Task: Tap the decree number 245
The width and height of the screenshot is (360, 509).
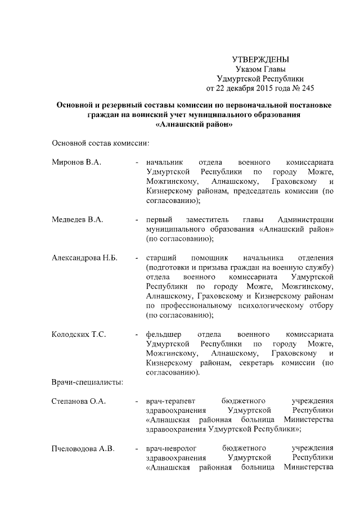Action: [x=308, y=88]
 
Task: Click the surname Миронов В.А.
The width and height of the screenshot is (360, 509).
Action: [x=76, y=162]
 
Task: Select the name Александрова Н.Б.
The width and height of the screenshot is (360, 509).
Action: [x=84, y=258]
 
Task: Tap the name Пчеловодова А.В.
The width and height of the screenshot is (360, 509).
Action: [x=83, y=448]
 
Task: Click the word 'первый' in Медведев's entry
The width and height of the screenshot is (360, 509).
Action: [x=158, y=219]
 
